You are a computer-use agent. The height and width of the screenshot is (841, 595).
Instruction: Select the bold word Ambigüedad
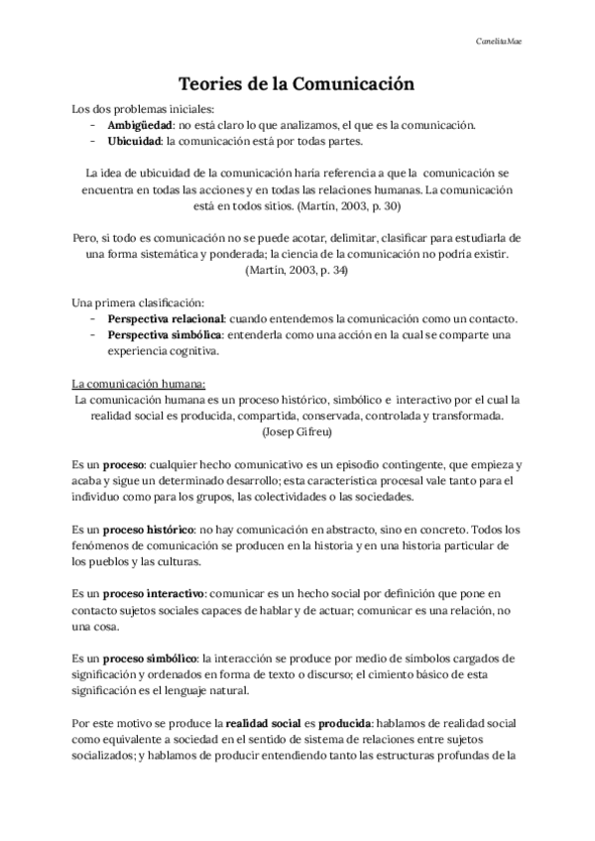click(x=140, y=125)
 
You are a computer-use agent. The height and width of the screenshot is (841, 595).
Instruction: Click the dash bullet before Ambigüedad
click(x=92, y=125)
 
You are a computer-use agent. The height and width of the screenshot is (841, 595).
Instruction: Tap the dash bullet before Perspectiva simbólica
click(x=92, y=335)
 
